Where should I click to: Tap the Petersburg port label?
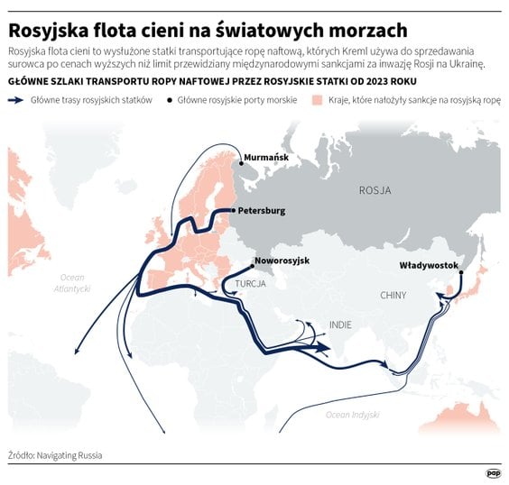[262, 211]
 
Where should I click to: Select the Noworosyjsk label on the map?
[282, 261]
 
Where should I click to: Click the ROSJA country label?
[375, 190]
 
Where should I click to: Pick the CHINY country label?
[393, 295]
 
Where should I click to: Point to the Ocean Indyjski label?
[351, 414]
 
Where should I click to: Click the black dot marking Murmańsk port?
[241, 163]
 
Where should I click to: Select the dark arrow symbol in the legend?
[17, 101]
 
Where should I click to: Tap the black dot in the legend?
[170, 101]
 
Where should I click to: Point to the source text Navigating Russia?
[70, 455]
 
